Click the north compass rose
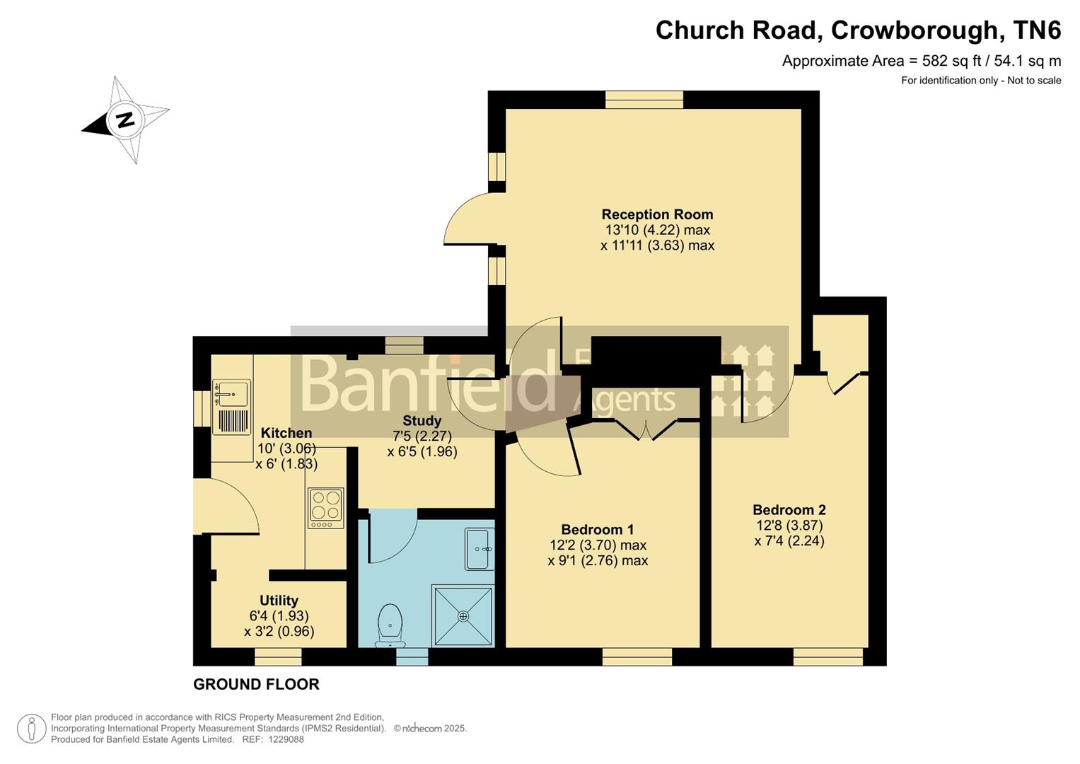point(125,120)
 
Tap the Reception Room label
point(657,214)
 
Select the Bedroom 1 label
point(597,529)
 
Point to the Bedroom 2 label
point(789,509)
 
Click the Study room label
point(422,420)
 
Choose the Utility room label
point(279,601)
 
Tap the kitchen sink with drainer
point(231,407)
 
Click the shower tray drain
point(463,616)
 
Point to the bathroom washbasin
point(479,549)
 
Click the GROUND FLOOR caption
point(256,684)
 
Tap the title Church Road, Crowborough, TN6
point(857,30)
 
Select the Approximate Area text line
point(921,61)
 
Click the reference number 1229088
point(283,739)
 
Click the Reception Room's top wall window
point(644,100)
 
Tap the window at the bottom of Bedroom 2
point(828,657)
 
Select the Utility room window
point(278,657)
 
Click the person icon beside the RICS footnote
point(31,729)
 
